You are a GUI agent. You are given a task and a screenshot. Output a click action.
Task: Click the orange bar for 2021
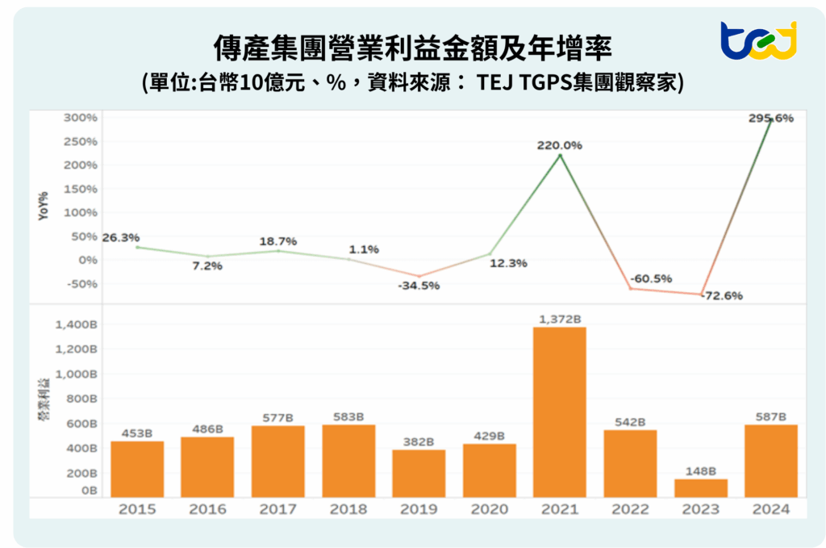(559, 412)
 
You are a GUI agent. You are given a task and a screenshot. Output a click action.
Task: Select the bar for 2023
(700, 487)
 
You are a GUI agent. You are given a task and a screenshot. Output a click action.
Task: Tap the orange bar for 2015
(137, 468)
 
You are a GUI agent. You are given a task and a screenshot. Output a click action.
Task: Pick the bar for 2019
(419, 473)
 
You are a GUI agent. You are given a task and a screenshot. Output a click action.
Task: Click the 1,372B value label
(559, 320)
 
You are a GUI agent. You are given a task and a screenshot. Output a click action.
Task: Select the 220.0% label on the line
(560, 145)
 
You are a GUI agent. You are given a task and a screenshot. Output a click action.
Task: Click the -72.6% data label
(722, 296)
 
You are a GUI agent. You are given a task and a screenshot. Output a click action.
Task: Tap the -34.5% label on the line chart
(419, 286)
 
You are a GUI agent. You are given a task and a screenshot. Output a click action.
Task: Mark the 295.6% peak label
(771, 118)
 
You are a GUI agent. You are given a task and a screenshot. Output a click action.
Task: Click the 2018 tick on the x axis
(348, 509)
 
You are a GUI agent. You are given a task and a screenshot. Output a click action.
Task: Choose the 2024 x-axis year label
(770, 509)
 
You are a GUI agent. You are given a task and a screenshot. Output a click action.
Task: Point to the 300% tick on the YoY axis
(80, 118)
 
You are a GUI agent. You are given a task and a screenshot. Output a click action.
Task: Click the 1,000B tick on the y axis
(78, 374)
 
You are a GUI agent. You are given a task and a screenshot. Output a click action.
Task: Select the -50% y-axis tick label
(81, 283)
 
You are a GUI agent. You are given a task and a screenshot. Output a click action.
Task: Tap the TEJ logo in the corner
(757, 40)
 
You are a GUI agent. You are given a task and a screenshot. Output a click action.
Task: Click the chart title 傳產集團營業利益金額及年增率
(412, 48)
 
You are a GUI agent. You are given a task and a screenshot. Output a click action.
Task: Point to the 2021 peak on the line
(560, 155)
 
